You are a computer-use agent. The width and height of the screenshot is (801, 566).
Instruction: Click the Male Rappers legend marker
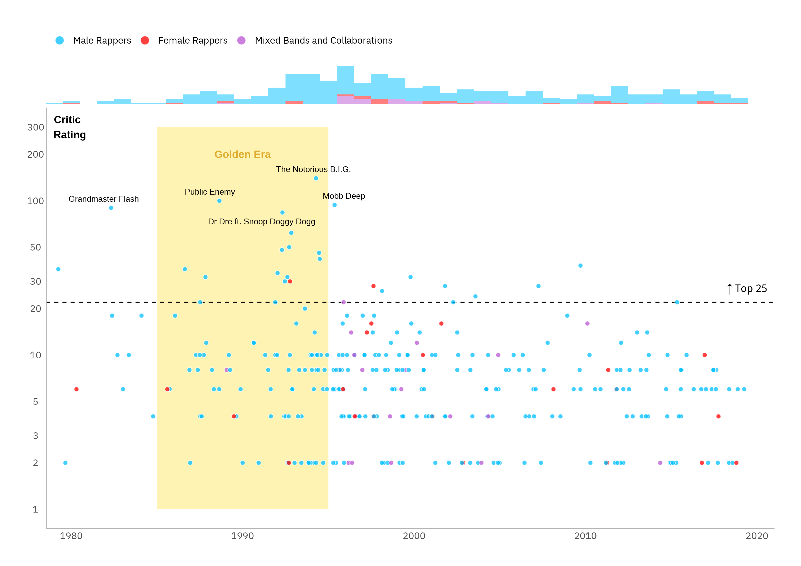(60, 40)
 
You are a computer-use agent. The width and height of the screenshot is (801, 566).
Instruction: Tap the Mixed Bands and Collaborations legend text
(323, 40)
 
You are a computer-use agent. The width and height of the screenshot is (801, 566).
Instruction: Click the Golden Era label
(243, 154)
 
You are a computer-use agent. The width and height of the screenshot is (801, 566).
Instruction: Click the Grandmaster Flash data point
(111, 208)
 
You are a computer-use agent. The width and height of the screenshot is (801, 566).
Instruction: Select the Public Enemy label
(210, 192)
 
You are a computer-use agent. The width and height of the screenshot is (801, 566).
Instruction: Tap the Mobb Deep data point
(335, 205)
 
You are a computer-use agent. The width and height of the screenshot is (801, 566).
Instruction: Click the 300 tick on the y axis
(36, 128)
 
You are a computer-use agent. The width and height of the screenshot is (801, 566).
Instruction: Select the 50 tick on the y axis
(36, 248)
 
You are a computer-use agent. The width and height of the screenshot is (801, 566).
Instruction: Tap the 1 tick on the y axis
(36, 510)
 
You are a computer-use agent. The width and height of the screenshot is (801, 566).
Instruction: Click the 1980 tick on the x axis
(71, 536)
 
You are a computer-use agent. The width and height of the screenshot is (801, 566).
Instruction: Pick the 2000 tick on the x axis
(414, 536)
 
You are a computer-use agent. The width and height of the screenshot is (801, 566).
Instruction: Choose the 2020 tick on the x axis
(757, 536)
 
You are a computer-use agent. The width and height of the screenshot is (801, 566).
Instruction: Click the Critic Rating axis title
(69, 127)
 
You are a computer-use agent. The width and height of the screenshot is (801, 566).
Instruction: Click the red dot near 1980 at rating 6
(77, 389)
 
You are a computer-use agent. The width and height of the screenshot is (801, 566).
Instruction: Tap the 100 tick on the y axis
(36, 201)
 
